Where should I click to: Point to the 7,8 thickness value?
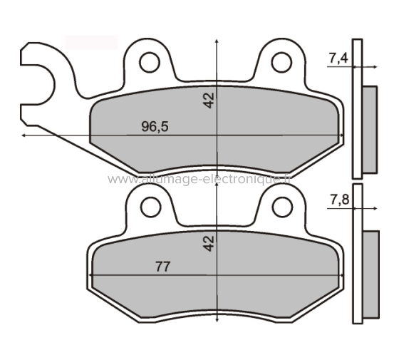click(339, 200)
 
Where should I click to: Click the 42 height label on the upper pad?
click(209, 99)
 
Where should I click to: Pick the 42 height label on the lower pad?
click(209, 243)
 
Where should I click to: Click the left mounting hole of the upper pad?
click(149, 63)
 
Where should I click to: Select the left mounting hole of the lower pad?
click(149, 207)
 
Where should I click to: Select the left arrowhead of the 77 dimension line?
click(92, 275)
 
